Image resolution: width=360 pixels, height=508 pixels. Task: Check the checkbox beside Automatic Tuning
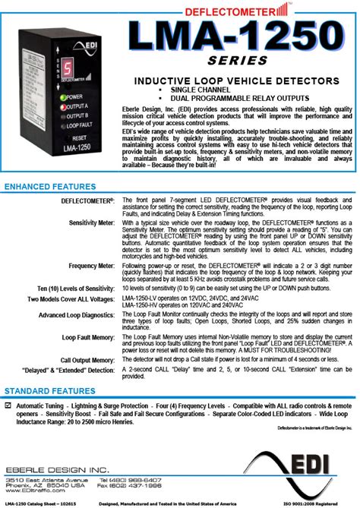8,406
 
